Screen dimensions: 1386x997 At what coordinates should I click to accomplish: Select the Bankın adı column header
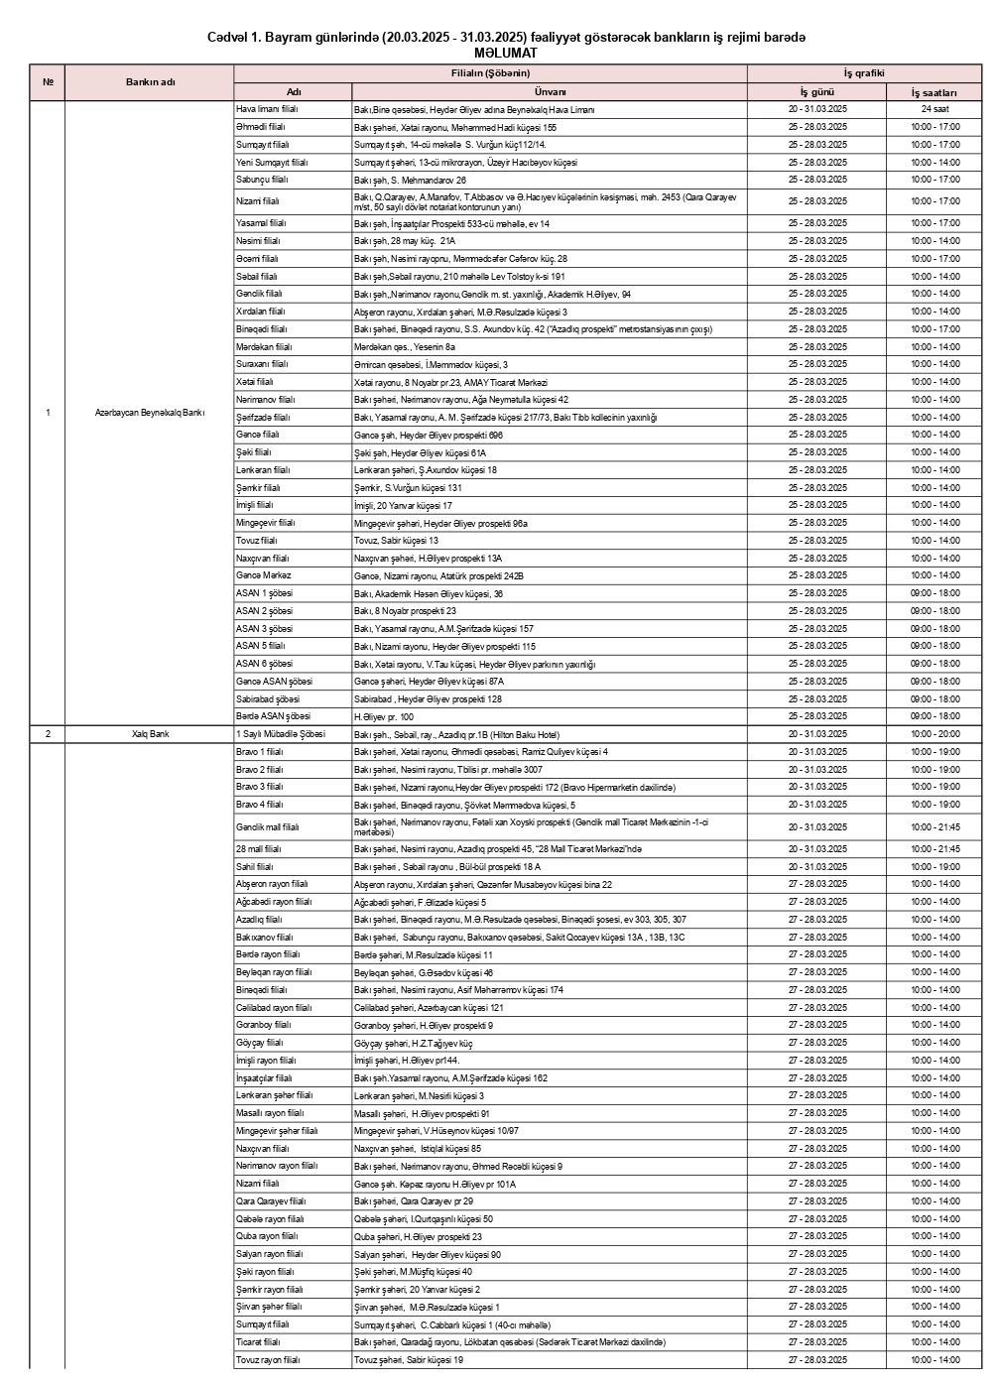tap(150, 81)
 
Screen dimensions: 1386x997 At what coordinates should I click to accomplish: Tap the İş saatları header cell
tap(935, 91)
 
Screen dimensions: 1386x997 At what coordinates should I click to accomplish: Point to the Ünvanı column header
tap(550, 91)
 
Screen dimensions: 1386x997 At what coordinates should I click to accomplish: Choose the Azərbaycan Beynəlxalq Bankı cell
tap(150, 413)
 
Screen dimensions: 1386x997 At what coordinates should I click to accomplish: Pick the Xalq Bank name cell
tap(150, 734)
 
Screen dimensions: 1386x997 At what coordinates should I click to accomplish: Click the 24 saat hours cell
tap(935, 109)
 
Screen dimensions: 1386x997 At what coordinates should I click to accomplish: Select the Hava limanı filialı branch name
tap(267, 109)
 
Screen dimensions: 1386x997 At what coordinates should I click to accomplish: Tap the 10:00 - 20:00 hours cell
tap(935, 734)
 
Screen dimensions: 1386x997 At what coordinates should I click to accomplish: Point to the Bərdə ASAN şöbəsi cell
tap(273, 716)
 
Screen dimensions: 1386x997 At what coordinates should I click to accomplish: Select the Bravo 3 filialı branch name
tap(260, 787)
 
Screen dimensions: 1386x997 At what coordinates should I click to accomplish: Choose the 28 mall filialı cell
tap(259, 849)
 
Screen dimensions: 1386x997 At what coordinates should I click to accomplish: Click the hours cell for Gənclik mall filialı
tap(935, 826)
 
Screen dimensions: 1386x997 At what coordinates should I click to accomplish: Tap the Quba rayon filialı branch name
tap(267, 1236)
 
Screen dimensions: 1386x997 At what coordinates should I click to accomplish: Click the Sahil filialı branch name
tap(255, 866)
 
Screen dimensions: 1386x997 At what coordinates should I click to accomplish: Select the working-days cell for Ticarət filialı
tap(817, 1342)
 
